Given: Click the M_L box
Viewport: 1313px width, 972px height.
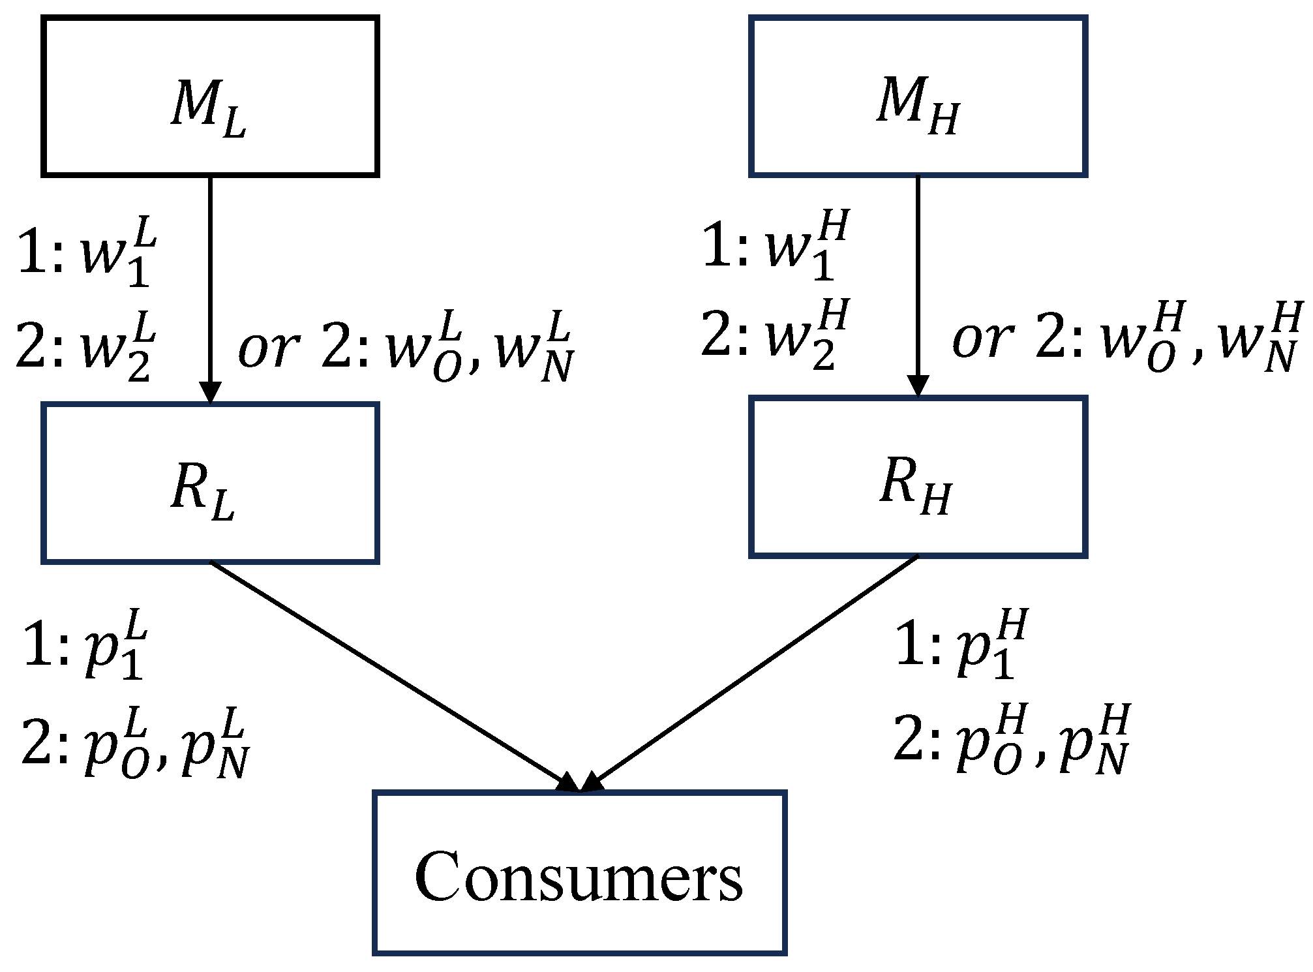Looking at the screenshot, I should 210,97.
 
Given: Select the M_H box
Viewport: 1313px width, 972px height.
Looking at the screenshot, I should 918,97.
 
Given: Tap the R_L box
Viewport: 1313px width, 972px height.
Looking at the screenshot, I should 210,483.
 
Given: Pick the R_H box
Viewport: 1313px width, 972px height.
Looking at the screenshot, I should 918,477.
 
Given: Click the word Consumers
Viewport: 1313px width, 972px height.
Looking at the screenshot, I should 579,877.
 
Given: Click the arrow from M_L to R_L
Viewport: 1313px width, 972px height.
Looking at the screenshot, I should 210,287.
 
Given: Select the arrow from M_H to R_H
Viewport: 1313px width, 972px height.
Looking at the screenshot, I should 918,284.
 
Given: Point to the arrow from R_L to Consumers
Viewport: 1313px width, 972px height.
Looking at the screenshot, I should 391,675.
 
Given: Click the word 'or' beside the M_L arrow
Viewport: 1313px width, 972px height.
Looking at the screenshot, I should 268,349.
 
